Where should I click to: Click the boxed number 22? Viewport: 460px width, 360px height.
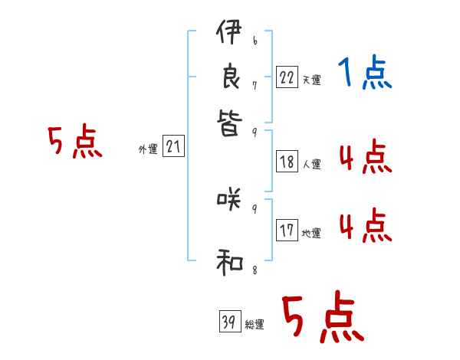pyautogui.click(x=287, y=77)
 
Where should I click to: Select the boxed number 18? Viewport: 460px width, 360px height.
pyautogui.click(x=287, y=162)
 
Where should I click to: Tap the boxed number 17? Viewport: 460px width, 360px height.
pyautogui.click(x=287, y=231)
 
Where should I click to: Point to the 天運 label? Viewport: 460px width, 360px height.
pyautogui.click(x=311, y=80)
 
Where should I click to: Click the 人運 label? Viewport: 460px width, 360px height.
pyautogui.click(x=311, y=164)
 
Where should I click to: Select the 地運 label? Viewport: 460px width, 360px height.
pyautogui.click(x=311, y=234)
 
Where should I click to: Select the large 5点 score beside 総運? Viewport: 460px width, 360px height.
pyautogui.click(x=322, y=318)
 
